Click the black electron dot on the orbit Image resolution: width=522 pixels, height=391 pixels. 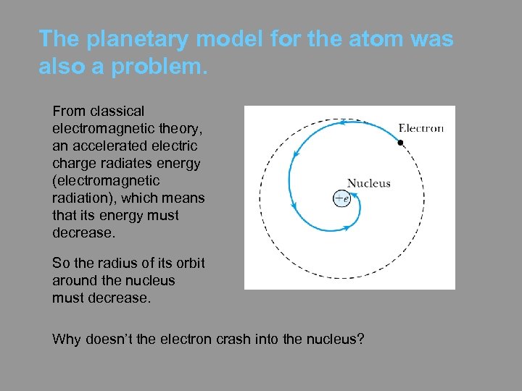pyautogui.click(x=400, y=143)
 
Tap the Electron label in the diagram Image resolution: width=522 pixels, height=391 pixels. pyautogui.click(x=421, y=129)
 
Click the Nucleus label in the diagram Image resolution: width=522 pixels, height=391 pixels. pyautogui.click(x=368, y=183)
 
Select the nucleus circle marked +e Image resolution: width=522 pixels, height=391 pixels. pyautogui.click(x=341, y=198)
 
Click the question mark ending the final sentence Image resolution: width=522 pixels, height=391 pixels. pyautogui.click(x=360, y=338)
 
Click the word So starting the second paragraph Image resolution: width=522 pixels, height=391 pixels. pyautogui.click(x=60, y=263)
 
